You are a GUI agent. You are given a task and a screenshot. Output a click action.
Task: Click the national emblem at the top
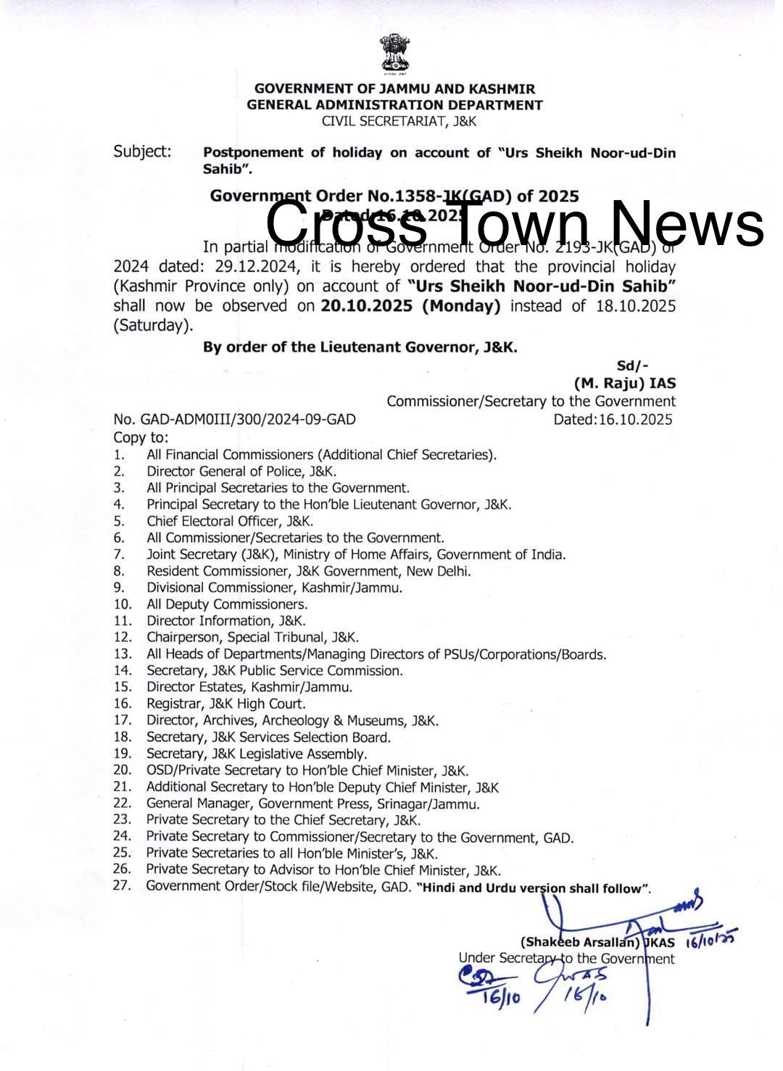tap(394, 54)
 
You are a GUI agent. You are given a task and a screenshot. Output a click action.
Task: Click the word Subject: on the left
tap(142, 152)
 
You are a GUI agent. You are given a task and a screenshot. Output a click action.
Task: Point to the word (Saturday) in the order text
tap(153, 326)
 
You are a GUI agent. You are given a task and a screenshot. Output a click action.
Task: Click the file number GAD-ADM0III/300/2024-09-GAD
tap(244, 420)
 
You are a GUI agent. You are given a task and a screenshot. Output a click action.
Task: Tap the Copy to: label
tap(141, 437)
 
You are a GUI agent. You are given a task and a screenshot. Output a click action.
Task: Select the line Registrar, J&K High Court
tap(225, 703)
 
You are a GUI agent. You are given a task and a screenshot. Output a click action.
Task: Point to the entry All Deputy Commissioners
tap(227, 604)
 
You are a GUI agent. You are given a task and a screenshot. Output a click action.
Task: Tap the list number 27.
tap(122, 885)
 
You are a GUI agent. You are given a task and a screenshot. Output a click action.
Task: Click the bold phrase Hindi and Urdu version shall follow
tap(533, 888)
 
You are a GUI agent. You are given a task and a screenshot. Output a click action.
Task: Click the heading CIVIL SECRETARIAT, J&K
tap(399, 121)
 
